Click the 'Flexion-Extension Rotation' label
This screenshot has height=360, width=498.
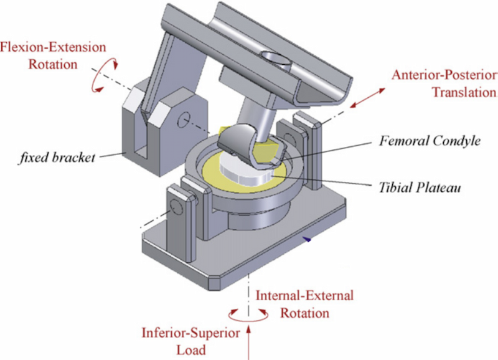pyautogui.click(x=53, y=55)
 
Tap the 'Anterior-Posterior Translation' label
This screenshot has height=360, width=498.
pyautogui.click(x=444, y=83)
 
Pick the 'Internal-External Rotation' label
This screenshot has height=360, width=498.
pyautogui.click(x=304, y=303)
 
